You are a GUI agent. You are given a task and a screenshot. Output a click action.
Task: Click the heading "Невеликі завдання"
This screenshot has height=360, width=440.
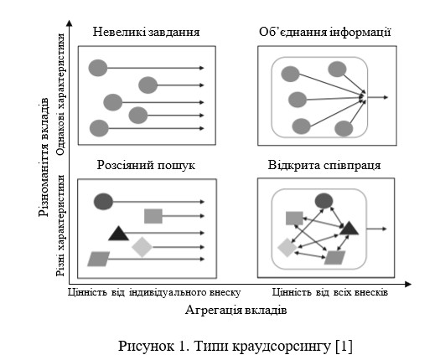point(146,32)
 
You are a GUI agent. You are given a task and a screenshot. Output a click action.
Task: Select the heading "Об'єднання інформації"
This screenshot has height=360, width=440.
point(325,32)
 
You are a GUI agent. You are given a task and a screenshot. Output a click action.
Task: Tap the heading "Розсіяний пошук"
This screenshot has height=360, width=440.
point(146,165)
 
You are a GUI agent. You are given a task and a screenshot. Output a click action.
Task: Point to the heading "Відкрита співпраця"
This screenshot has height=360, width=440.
point(324,165)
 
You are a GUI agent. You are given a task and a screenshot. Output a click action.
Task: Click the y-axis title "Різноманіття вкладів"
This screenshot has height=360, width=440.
point(44,157)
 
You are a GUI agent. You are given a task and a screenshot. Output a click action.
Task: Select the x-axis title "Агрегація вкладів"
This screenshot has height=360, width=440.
point(236,311)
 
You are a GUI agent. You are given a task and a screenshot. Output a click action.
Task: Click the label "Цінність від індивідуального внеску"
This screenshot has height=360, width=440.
point(154,292)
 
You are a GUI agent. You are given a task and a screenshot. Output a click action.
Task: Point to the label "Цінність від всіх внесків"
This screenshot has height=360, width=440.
point(330,292)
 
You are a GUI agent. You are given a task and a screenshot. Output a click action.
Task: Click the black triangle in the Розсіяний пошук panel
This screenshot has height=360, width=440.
point(119,234)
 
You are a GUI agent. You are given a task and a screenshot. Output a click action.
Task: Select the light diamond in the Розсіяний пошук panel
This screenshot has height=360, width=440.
point(142,247)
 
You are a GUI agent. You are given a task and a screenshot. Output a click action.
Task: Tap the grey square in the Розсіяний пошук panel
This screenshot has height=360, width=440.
point(153,216)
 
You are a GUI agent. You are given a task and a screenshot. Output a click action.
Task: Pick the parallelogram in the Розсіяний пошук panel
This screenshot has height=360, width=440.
point(99,259)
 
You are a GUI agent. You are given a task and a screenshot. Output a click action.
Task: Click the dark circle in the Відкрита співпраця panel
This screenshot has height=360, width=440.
point(324,201)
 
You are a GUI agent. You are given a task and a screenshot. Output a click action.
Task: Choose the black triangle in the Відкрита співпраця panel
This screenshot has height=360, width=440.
point(349,229)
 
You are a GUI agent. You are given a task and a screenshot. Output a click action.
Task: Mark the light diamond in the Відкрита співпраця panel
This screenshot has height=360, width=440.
point(287,248)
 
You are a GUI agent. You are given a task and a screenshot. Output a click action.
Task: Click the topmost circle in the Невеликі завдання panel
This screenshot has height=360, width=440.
point(98,68)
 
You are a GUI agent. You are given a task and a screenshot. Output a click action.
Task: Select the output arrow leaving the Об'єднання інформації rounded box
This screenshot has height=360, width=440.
point(378,97)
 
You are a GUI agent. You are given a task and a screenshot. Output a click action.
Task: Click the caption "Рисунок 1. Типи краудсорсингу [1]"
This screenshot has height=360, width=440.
point(236,346)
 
